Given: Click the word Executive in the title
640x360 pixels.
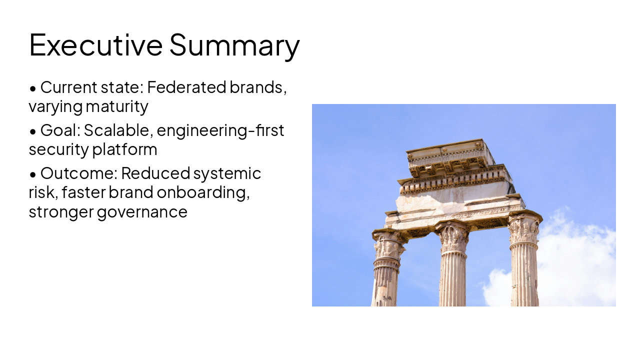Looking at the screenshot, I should (95, 44).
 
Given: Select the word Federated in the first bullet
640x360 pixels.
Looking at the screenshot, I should (186, 87).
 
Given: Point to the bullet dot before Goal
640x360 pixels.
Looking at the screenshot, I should (32, 132).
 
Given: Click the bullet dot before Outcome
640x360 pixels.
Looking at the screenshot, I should (32, 175).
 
